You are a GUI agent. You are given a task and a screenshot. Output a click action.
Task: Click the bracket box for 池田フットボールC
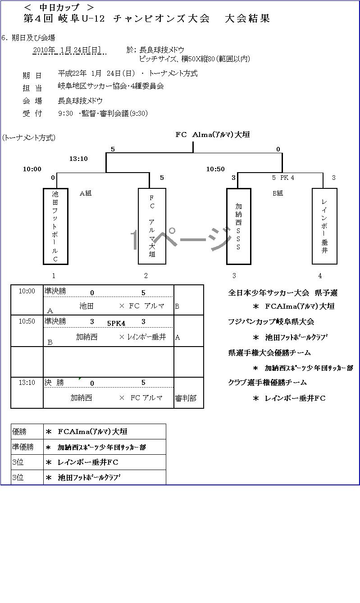click(55, 226)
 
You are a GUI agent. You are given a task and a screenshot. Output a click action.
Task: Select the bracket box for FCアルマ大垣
click(152, 226)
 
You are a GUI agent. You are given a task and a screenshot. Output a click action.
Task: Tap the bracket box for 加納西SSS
click(238, 226)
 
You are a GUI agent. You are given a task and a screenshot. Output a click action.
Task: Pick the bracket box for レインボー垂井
click(324, 226)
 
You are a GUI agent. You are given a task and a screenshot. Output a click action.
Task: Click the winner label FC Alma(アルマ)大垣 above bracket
click(213, 134)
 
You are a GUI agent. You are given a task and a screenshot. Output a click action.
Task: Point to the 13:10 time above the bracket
click(78, 159)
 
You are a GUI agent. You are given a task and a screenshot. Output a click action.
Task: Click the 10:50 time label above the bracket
click(215, 169)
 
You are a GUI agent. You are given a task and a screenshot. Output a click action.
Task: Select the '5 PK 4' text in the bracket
click(283, 178)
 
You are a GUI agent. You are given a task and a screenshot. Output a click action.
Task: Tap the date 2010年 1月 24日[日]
click(69, 50)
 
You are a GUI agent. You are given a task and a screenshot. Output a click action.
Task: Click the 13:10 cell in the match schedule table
click(27, 383)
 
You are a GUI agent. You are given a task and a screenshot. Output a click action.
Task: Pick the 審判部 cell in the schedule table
click(186, 398)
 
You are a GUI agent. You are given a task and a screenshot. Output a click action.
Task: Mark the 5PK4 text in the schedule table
click(116, 323)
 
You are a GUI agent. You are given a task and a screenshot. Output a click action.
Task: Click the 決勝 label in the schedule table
click(54, 383)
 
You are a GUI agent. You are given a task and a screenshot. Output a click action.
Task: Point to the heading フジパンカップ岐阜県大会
click(271, 322)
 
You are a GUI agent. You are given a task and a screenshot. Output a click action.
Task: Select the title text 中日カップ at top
click(59, 7)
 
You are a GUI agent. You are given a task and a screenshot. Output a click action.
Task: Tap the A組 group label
click(86, 193)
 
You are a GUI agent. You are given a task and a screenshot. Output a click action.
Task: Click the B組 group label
click(278, 193)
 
